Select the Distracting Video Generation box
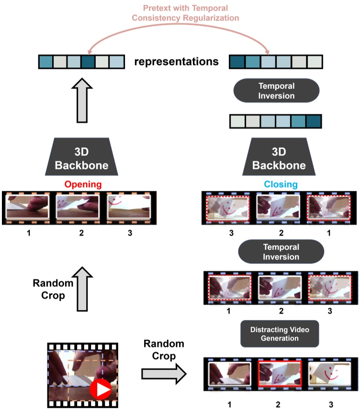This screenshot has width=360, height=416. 279,333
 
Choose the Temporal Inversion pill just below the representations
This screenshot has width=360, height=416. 277,91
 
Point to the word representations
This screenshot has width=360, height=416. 177,62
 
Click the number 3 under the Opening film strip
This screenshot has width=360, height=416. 129,233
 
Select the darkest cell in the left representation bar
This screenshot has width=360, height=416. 89,62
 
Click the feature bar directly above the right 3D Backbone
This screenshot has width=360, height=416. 275,121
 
